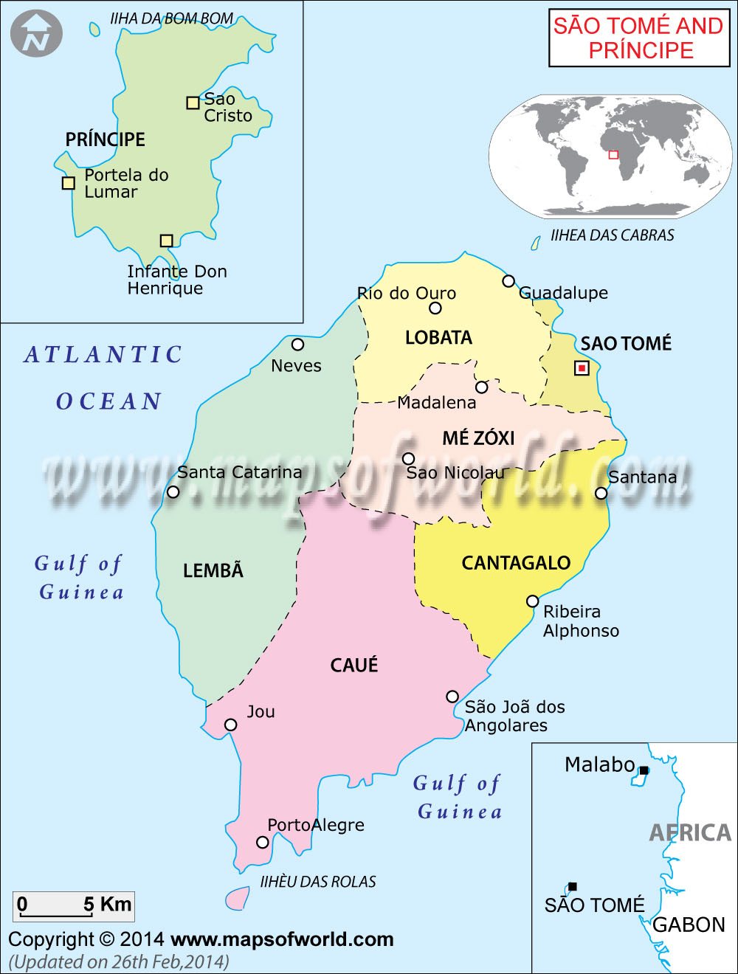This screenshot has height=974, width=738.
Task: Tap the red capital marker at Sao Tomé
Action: coord(582,367)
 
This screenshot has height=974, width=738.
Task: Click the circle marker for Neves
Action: coord(297,345)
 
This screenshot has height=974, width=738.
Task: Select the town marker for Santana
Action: coord(601,493)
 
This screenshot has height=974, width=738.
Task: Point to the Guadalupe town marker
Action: coord(508,281)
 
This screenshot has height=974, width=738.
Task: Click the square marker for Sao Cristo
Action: coord(193,103)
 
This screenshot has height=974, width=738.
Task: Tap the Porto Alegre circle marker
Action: coord(262,842)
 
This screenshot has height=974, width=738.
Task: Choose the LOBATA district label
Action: coord(438,338)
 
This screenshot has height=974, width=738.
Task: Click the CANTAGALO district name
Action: coord(516,563)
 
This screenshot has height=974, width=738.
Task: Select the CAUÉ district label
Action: coord(354,665)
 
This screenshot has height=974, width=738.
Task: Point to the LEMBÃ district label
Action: coord(213,570)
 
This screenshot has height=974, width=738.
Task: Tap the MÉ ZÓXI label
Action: coord(478,438)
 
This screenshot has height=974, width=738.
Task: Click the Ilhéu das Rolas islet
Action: coord(237,898)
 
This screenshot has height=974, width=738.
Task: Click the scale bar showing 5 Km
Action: coord(73,906)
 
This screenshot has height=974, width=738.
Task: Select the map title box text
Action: coord(638,38)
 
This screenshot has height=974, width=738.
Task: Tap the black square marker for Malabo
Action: coord(644,770)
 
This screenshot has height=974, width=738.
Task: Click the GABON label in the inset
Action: coord(689,925)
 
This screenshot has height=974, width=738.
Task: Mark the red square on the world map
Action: coord(613,154)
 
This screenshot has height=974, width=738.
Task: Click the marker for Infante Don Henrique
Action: coord(166,241)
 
